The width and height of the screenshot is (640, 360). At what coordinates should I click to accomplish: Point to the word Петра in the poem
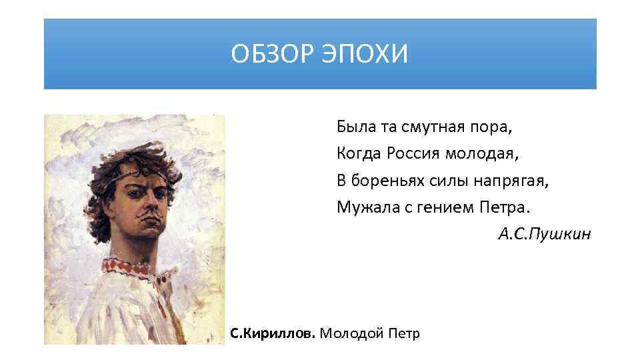(504, 207)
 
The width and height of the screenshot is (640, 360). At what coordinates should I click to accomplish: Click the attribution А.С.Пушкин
(543, 235)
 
